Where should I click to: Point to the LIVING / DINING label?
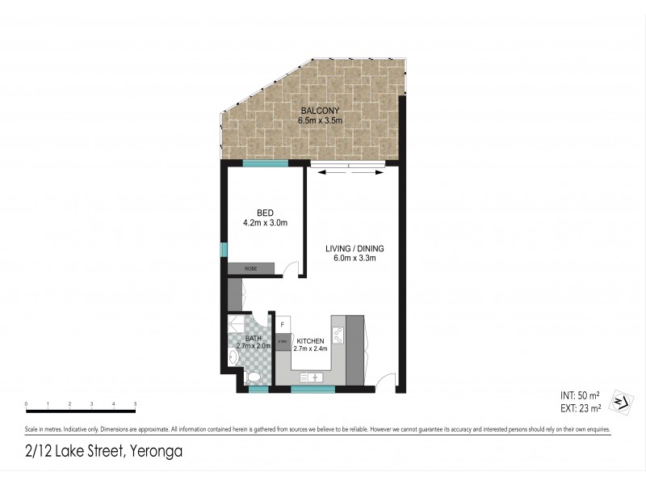(x=354, y=248)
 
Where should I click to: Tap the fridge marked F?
(x=283, y=325)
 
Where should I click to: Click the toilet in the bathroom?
(x=253, y=377)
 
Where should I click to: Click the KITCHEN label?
(x=310, y=342)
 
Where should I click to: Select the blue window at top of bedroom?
(x=266, y=164)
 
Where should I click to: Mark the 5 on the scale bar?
(x=135, y=403)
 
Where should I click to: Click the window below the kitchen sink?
(x=313, y=390)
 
